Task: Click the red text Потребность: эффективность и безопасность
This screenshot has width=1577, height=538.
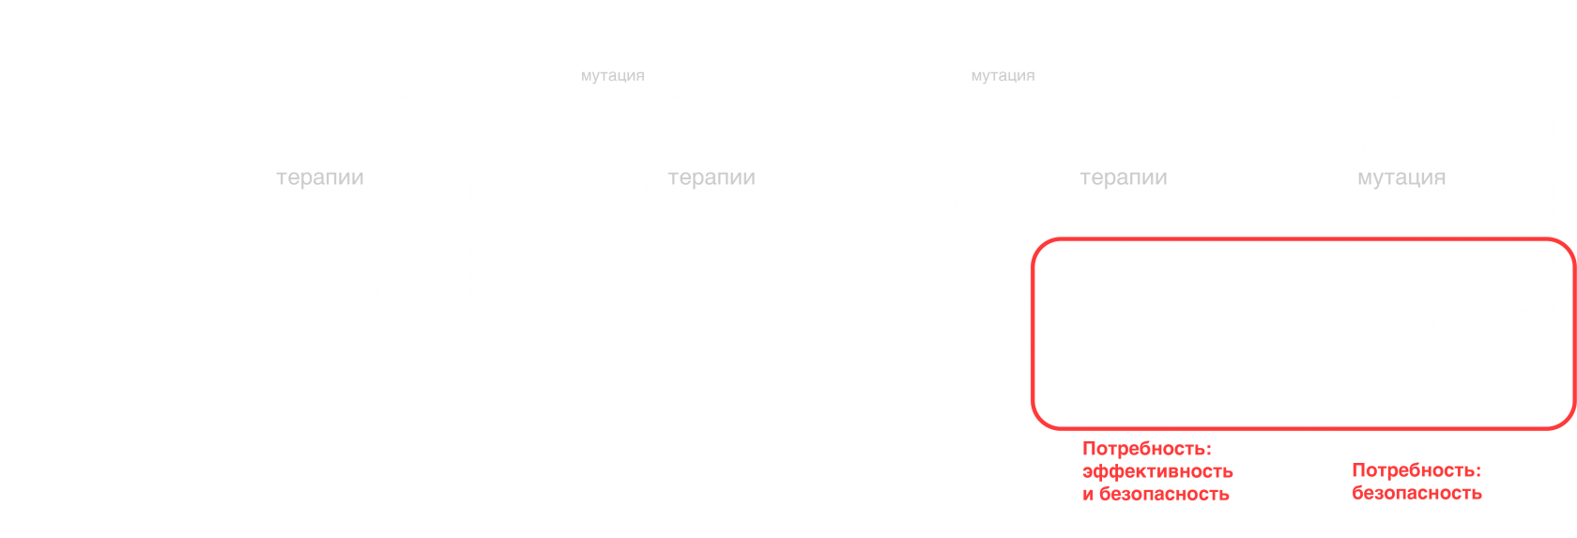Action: (x=1157, y=471)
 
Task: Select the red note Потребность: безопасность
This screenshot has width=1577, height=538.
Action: (x=1416, y=482)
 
